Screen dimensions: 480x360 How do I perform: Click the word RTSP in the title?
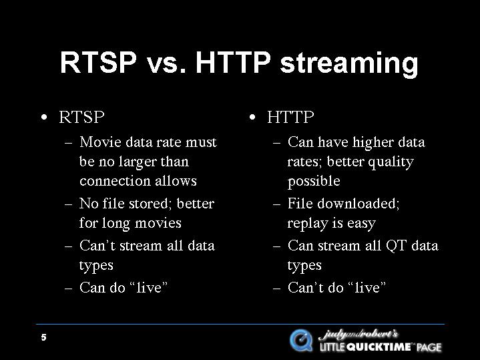tap(98, 63)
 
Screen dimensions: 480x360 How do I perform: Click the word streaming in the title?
tap(349, 64)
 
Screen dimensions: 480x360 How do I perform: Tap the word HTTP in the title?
tap(233, 63)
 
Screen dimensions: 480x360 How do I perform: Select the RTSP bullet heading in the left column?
tap(81, 117)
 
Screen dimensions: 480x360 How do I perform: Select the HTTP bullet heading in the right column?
tap(290, 117)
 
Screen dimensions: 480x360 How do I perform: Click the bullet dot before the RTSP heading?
tap(44, 117)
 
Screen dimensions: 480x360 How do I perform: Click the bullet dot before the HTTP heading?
tap(252, 117)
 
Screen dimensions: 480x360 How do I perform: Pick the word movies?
tap(158, 222)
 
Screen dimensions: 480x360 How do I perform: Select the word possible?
tap(314, 182)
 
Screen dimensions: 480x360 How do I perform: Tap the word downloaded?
tap(358, 204)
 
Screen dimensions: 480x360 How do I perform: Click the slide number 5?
tap(44, 337)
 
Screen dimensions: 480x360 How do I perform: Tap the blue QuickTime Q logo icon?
tap(301, 341)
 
